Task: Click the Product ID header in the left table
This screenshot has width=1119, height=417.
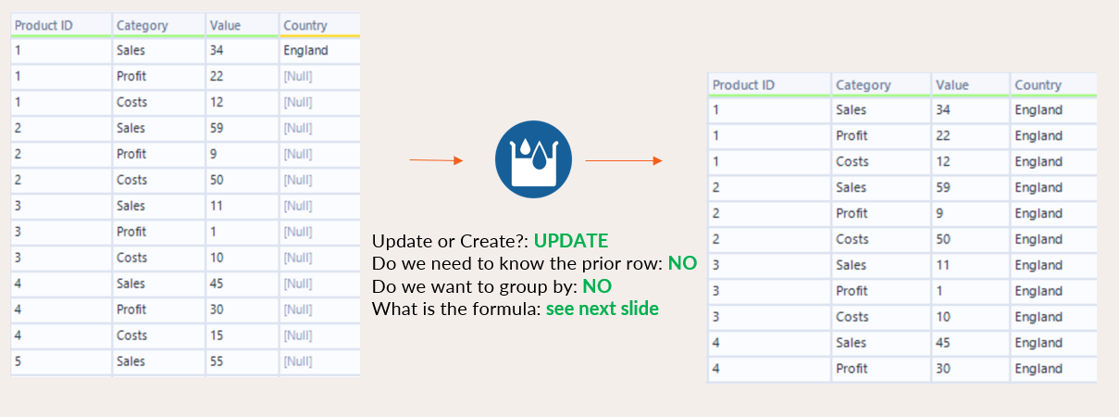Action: point(44,26)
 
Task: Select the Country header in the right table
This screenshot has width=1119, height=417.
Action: point(1038,85)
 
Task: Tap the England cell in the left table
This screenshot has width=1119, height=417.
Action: point(305,50)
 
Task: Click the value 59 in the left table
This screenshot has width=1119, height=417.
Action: point(217,128)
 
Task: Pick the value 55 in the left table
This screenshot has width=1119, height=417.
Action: point(217,361)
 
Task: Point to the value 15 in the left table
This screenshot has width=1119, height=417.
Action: point(217,335)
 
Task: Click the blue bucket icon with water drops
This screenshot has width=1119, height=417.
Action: point(533,159)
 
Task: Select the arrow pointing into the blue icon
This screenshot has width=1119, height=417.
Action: point(436,160)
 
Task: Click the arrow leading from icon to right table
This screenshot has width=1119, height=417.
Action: point(624,160)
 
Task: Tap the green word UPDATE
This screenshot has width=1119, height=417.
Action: point(571,241)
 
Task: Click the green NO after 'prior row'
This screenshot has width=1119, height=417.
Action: point(682,263)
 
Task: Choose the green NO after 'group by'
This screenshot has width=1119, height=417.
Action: point(597,286)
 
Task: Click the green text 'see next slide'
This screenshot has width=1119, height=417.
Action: point(603,309)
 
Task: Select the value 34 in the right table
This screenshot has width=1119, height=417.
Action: point(942,109)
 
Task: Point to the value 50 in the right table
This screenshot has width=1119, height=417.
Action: point(942,239)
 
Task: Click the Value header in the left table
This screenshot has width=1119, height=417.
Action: point(225,26)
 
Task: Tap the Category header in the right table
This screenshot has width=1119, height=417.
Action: point(864,85)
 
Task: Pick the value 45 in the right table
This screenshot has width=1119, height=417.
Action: point(942,343)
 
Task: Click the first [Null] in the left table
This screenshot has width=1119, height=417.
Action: point(298,77)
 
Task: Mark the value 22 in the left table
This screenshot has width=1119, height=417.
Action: point(217,76)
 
